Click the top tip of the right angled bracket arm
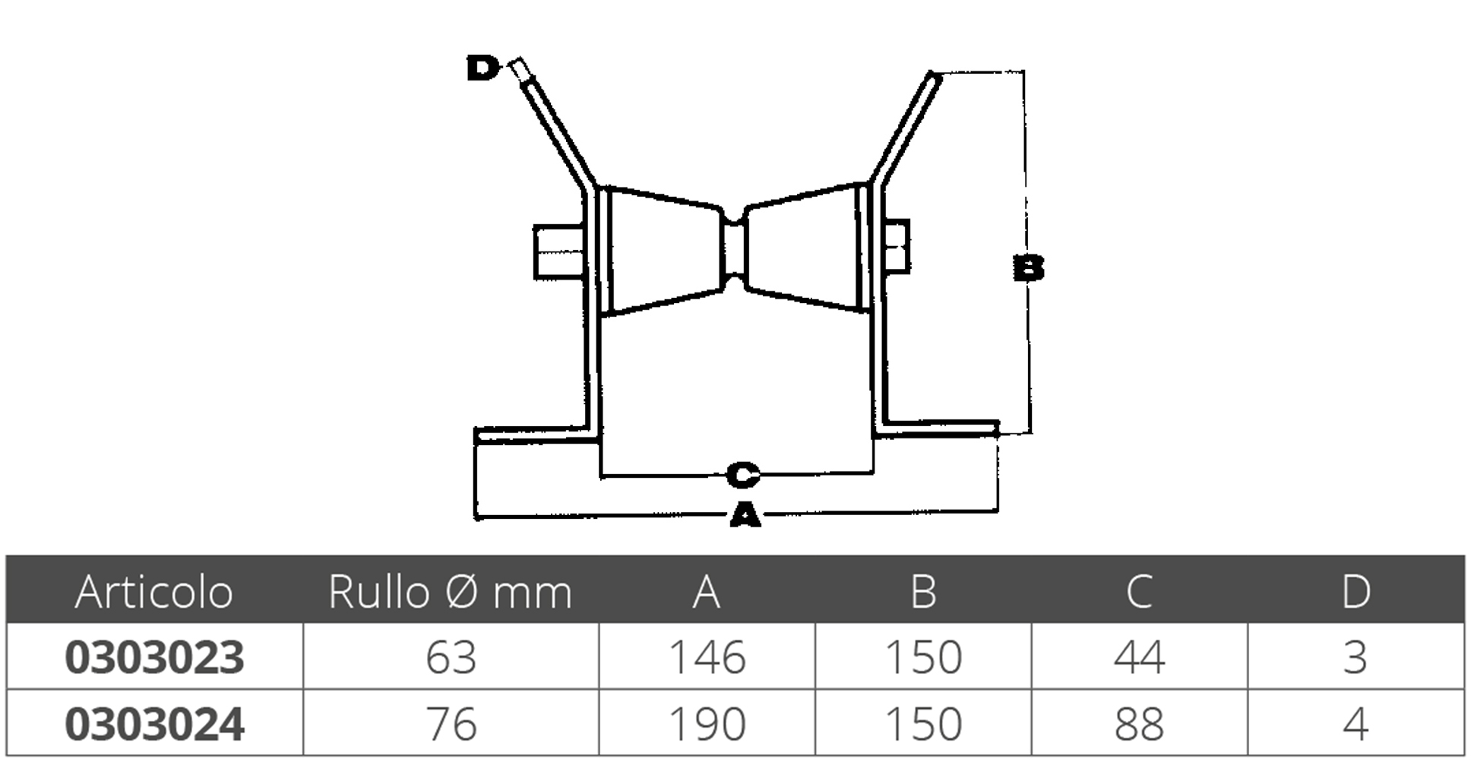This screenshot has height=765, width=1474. (932, 73)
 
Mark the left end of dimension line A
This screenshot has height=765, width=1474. (476, 517)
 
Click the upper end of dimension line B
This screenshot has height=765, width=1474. (1023, 71)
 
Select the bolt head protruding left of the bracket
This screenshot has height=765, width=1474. (558, 251)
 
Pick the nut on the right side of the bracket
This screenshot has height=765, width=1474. (897, 246)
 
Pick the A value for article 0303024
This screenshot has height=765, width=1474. (707, 724)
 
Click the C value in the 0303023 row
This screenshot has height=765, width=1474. (1139, 657)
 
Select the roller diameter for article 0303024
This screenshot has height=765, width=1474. (451, 724)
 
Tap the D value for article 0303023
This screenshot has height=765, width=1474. (1355, 657)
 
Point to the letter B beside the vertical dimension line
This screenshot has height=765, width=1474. (1029, 268)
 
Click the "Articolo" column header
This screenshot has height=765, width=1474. (153, 592)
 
